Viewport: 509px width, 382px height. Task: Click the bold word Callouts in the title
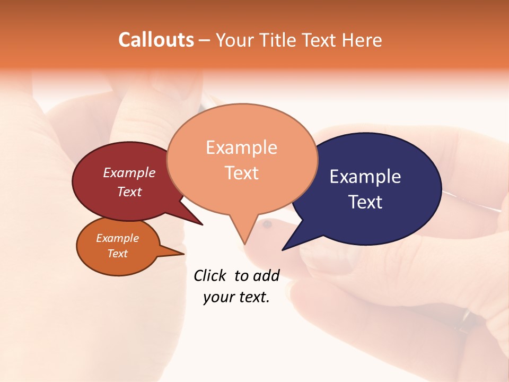[156, 40]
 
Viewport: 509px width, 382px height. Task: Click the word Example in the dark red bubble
[129, 172]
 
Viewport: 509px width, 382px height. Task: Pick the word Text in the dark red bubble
[129, 192]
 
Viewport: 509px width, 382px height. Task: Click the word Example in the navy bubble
[365, 176]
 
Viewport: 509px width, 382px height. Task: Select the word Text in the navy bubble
[365, 202]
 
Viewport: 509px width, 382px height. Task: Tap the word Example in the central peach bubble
[241, 147]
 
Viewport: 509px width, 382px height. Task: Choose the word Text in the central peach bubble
[241, 172]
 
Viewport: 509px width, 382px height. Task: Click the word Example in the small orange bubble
[118, 238]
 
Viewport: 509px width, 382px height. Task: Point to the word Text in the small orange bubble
[118, 254]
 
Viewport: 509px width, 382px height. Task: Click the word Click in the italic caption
[209, 275]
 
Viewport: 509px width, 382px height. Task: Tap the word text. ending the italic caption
[252, 297]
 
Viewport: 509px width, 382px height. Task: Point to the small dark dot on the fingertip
[267, 225]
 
